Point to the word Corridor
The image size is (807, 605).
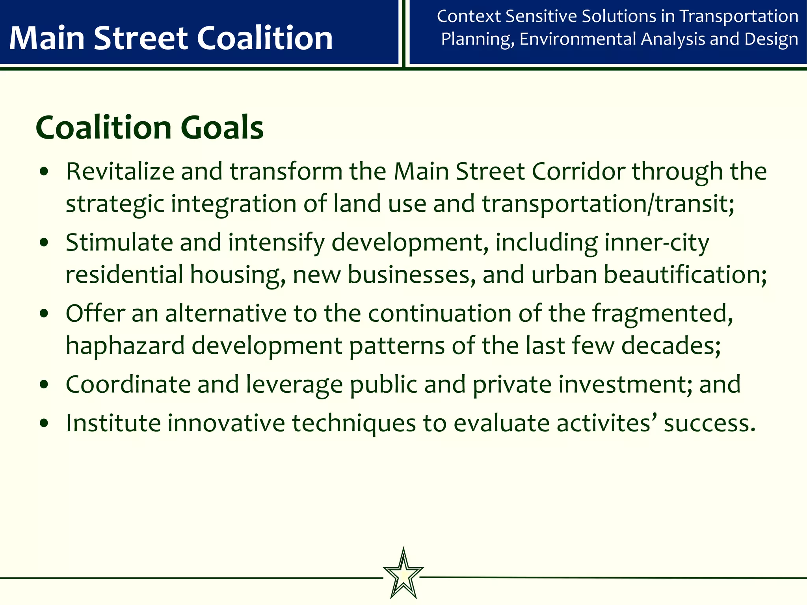pos(578,172)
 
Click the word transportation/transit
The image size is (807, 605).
pos(608,204)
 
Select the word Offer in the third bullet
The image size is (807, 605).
pos(95,314)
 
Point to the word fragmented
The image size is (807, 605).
pos(663,314)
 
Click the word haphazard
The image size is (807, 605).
pos(125,346)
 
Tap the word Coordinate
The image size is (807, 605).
pos(128,384)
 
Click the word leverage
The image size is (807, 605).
pos(294,384)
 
